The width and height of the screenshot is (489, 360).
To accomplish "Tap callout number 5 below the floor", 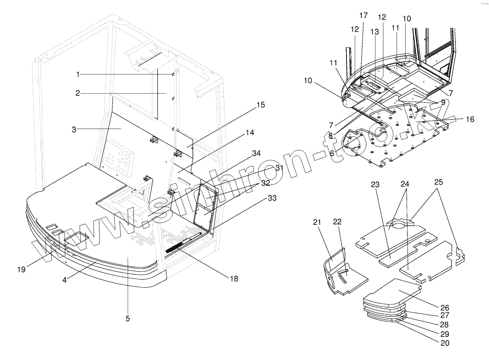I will [x=128, y=318].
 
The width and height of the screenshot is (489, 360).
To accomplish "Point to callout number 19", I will [x=22, y=270].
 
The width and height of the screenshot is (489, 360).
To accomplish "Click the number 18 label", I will [x=234, y=279].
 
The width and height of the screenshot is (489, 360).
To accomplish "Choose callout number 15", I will [x=260, y=105].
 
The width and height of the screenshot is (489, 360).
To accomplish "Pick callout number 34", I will [x=257, y=153].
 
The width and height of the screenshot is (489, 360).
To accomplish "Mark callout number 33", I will [x=272, y=198].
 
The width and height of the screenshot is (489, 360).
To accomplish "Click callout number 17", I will [x=364, y=16].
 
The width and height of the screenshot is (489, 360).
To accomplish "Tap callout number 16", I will [x=470, y=119].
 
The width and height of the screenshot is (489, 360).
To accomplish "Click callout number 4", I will [x=65, y=280].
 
